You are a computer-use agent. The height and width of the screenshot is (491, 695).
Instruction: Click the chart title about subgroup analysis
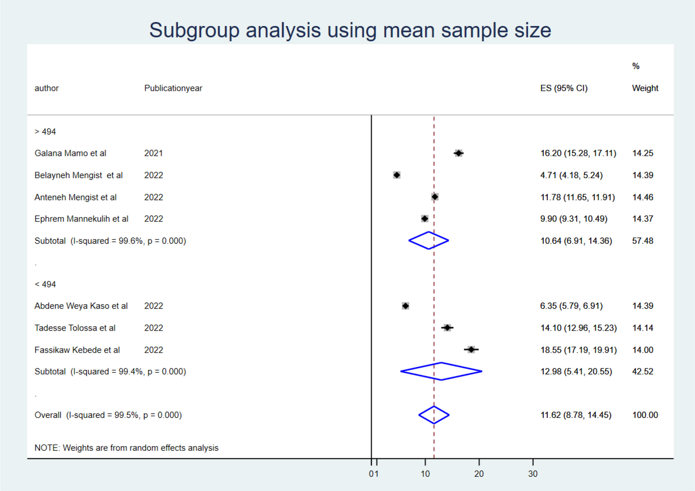coord(350,30)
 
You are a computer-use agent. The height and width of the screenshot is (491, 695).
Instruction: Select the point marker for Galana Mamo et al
coord(459,153)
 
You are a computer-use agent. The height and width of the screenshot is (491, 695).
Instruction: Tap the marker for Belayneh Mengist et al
coord(397,175)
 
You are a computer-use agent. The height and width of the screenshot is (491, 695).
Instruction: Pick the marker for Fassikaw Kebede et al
coord(471,349)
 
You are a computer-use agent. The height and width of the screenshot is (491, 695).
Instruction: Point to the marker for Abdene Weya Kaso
coord(406,306)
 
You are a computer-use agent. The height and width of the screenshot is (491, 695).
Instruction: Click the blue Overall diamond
coord(434,415)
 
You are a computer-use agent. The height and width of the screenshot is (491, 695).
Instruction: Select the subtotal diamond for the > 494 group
coord(429,240)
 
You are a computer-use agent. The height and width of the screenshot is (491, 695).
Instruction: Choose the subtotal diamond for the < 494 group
coord(441,371)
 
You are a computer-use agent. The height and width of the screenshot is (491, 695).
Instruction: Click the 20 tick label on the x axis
coord(479,474)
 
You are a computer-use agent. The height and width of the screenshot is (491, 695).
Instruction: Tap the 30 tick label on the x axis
coord(533,474)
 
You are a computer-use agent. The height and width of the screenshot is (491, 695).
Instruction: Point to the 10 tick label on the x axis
coord(425,474)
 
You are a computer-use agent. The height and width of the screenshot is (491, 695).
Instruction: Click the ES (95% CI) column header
coord(564,88)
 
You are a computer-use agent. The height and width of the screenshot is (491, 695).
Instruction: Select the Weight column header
coord(645,88)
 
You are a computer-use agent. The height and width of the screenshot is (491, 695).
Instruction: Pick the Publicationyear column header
coord(173,88)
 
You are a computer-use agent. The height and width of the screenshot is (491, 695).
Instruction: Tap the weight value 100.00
coord(645,415)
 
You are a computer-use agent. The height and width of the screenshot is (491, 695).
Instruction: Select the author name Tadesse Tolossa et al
coord(75,328)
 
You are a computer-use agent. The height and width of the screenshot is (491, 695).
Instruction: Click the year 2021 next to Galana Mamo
coord(153,153)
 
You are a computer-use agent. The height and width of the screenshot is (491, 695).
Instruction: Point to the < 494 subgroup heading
coord(45,284)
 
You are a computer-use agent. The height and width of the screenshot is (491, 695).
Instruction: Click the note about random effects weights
coord(126,448)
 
